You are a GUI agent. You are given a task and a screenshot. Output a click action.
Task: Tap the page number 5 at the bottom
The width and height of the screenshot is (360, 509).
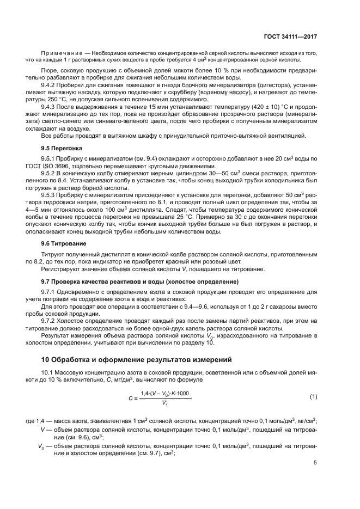coord(315,463)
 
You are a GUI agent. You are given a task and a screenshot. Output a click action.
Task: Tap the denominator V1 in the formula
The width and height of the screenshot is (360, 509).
coord(164,403)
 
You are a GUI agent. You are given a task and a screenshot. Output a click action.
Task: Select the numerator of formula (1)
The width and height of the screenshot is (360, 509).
coord(165,393)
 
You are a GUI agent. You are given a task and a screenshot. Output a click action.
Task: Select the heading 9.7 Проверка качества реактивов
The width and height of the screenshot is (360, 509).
coord(140,281)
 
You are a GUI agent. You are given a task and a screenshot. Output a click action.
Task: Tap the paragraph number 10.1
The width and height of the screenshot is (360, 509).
coord(49,372)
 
